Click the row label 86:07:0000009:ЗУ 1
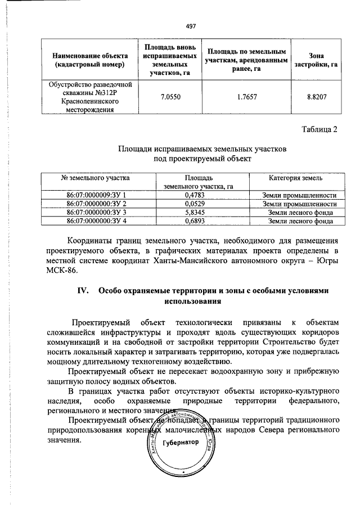96,195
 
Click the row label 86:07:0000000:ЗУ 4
96,221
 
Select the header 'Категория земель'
295,178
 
